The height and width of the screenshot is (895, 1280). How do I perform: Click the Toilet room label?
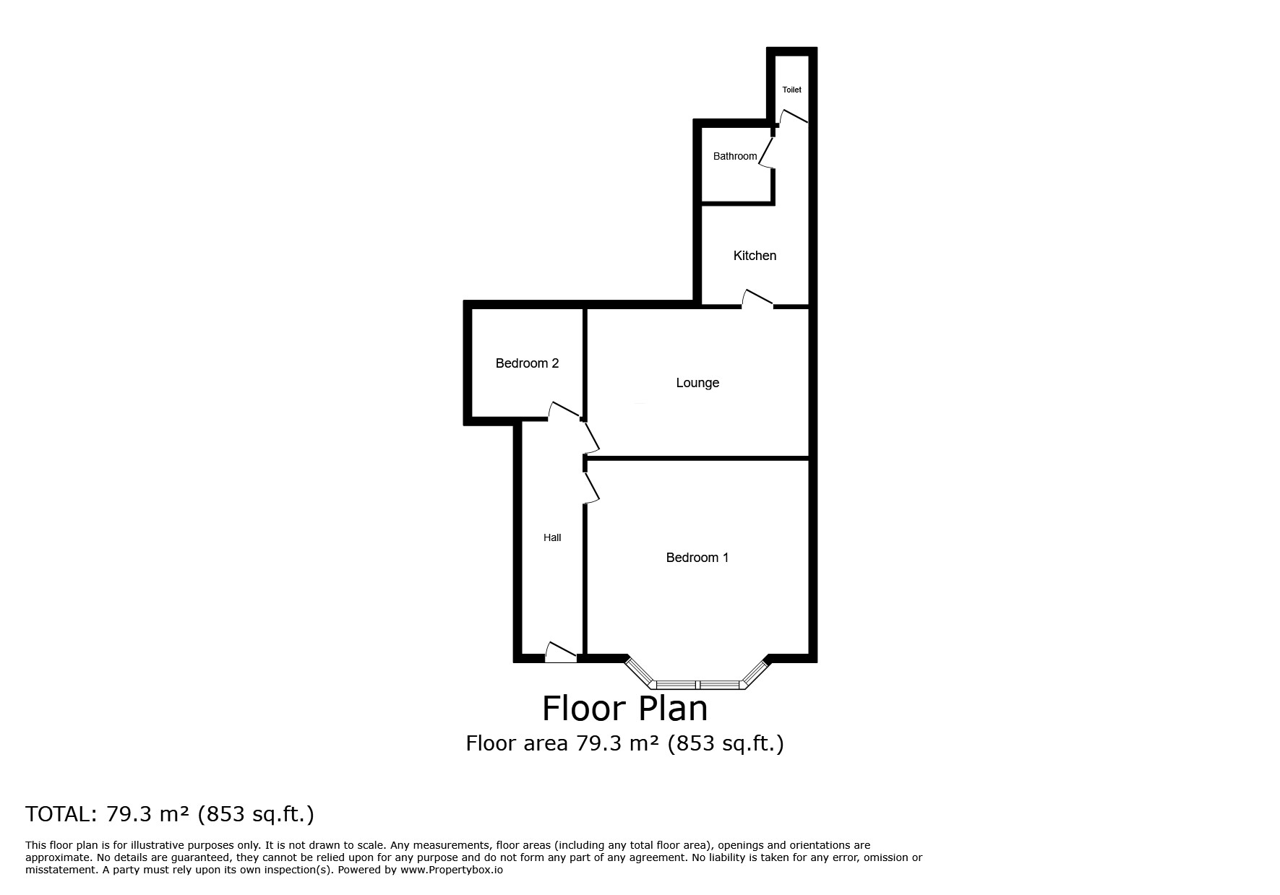791,90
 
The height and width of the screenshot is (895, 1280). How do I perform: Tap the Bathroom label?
734,156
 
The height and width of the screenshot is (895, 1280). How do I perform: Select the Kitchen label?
755,256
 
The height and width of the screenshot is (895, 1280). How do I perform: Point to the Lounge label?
697,383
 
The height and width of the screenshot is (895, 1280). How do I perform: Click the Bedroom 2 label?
527,363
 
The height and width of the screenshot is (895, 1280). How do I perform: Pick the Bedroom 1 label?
697,558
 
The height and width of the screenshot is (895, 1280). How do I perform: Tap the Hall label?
552,537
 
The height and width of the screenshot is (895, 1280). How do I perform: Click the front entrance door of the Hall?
561,652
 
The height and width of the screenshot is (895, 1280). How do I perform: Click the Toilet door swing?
792,117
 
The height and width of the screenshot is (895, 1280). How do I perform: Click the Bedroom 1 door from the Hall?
592,487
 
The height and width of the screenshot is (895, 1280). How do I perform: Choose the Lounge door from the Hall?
592,436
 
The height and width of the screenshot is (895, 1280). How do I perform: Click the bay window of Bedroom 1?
697,683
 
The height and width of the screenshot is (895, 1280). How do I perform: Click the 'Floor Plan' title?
624,709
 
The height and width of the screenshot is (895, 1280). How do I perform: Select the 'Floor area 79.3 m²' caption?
624,743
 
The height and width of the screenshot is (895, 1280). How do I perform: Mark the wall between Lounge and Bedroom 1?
697,458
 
